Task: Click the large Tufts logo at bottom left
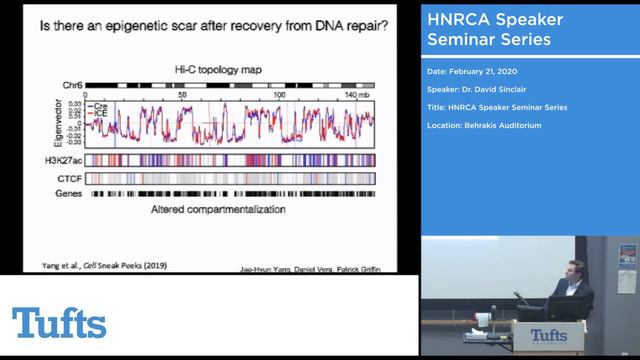point(59,323)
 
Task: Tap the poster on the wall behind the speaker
point(627,256)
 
